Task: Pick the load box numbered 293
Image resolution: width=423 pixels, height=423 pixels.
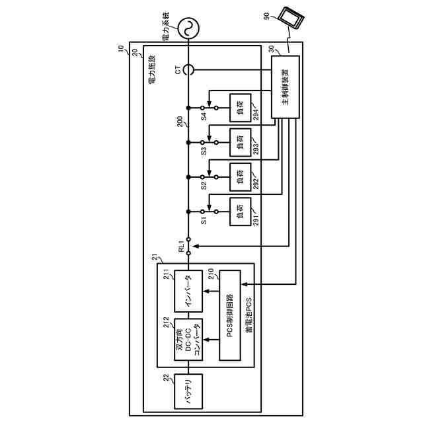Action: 240,141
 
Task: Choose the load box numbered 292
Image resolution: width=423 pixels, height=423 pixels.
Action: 240,176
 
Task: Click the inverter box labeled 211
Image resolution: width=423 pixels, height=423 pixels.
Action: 188,291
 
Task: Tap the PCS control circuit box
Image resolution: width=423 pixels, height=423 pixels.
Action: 230,315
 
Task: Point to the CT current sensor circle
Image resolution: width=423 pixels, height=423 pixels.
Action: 188,69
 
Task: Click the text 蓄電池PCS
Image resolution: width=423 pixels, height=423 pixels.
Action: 249,315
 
